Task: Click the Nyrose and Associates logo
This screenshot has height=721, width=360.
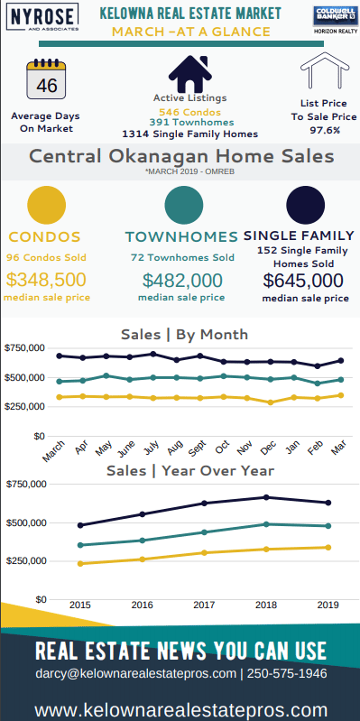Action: click(x=42, y=17)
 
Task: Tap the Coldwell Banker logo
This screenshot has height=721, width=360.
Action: click(x=335, y=20)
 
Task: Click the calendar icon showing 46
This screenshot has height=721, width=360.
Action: click(x=46, y=79)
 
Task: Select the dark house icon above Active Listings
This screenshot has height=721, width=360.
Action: click(x=189, y=74)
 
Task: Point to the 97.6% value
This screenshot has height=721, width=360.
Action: click(x=325, y=130)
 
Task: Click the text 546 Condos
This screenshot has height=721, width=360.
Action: click(x=189, y=112)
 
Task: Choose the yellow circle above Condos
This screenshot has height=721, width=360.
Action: click(x=46, y=205)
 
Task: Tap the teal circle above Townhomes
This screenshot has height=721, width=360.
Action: click(x=184, y=205)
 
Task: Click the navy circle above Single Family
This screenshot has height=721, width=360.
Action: click(x=305, y=205)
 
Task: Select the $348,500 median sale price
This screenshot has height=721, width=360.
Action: click(x=46, y=280)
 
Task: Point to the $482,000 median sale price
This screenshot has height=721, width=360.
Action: click(x=182, y=281)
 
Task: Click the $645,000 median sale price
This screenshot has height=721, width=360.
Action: click(x=303, y=281)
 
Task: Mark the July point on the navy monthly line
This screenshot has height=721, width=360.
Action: click(x=153, y=354)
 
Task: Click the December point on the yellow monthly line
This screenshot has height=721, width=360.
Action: click(x=271, y=402)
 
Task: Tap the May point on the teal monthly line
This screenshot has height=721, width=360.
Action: click(x=106, y=375)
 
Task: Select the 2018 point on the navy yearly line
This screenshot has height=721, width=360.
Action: click(x=267, y=497)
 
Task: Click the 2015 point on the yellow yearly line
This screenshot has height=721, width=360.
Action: click(x=80, y=563)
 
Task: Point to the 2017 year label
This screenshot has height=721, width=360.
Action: click(x=204, y=605)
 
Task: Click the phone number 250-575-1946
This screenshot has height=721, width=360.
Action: click(x=287, y=674)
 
